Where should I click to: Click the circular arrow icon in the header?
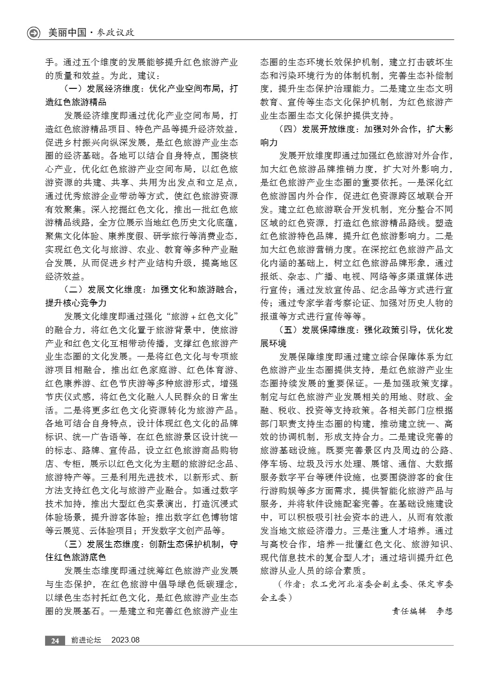coord(33,33)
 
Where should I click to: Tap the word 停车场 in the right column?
coord(272,464)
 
